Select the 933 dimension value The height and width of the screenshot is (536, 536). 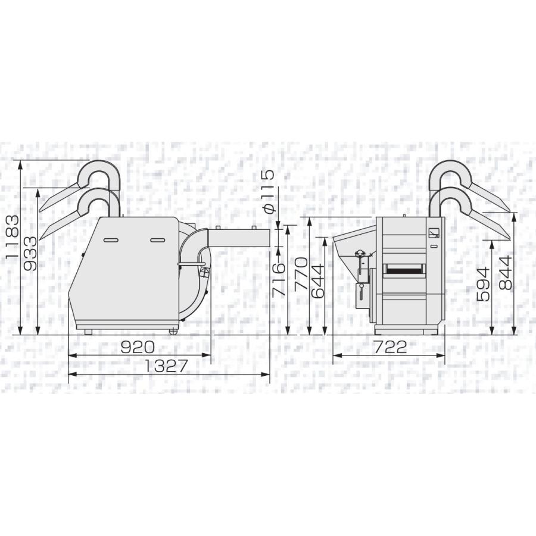(30, 253)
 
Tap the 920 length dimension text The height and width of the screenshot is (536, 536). (138, 347)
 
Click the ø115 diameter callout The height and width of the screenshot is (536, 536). (267, 192)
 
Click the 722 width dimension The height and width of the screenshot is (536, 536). (390, 347)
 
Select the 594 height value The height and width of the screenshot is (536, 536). (483, 284)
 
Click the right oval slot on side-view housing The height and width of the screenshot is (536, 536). (158, 239)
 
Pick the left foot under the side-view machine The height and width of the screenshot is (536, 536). (88, 331)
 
